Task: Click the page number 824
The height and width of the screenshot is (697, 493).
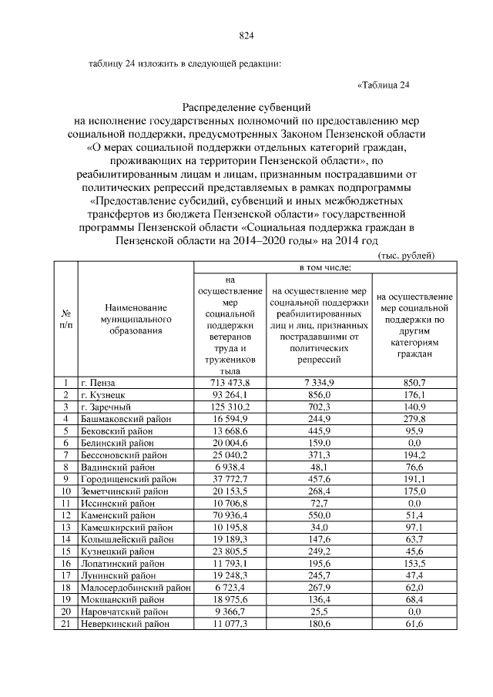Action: (246, 35)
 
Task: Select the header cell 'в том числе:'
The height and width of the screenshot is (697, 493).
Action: (324, 267)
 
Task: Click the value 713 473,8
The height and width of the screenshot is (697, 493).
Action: (229, 382)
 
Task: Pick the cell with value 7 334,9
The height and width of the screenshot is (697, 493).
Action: (317, 382)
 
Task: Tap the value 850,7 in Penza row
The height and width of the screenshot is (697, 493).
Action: (414, 382)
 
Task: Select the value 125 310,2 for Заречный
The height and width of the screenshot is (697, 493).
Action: (229, 407)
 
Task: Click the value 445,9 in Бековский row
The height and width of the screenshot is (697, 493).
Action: (317, 431)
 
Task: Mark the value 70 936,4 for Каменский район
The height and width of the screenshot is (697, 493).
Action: (229, 515)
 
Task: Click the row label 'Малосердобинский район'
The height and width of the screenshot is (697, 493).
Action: (135, 588)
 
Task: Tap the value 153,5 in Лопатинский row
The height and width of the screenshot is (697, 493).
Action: (414, 564)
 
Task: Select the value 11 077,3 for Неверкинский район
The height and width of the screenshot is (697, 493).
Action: (229, 624)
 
